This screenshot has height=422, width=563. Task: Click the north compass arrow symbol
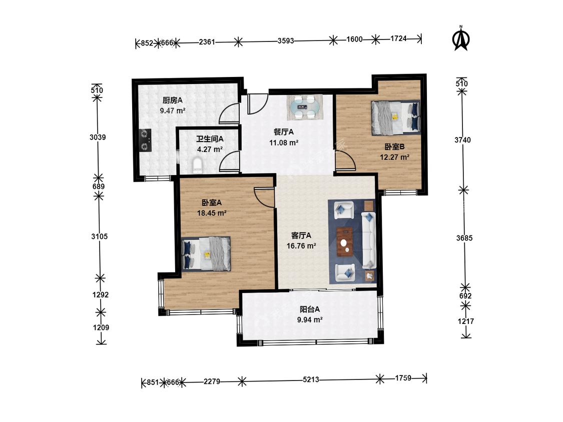pos(461,38)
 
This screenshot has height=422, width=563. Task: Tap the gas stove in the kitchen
pos(145,140)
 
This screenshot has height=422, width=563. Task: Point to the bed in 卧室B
pos(395,117)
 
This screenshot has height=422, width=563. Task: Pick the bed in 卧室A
pos(206,253)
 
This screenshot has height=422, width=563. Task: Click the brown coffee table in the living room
pos(345,241)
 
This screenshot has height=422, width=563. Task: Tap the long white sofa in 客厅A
pos(368,240)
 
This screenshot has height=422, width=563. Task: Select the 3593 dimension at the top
pos(286,41)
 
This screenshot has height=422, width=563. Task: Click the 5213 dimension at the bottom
pos(311,379)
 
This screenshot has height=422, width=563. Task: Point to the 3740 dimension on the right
pos(462,140)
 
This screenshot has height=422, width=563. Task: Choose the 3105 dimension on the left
pos(100,236)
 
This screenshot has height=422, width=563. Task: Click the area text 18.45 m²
pos(212,213)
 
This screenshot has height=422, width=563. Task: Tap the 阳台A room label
pos(310,309)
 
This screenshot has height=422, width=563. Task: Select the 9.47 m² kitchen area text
pos(173,111)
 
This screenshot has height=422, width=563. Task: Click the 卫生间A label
pos(210,139)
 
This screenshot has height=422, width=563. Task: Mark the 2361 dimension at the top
pos(207,42)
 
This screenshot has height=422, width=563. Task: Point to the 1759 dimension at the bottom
pos(403,378)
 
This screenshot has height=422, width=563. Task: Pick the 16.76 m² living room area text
pos(301,246)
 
